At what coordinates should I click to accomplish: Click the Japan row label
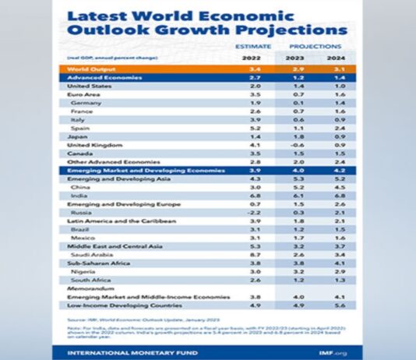[x=76, y=136]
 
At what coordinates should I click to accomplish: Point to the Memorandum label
[x=87, y=288]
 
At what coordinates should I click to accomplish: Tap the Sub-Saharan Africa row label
[x=97, y=263]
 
